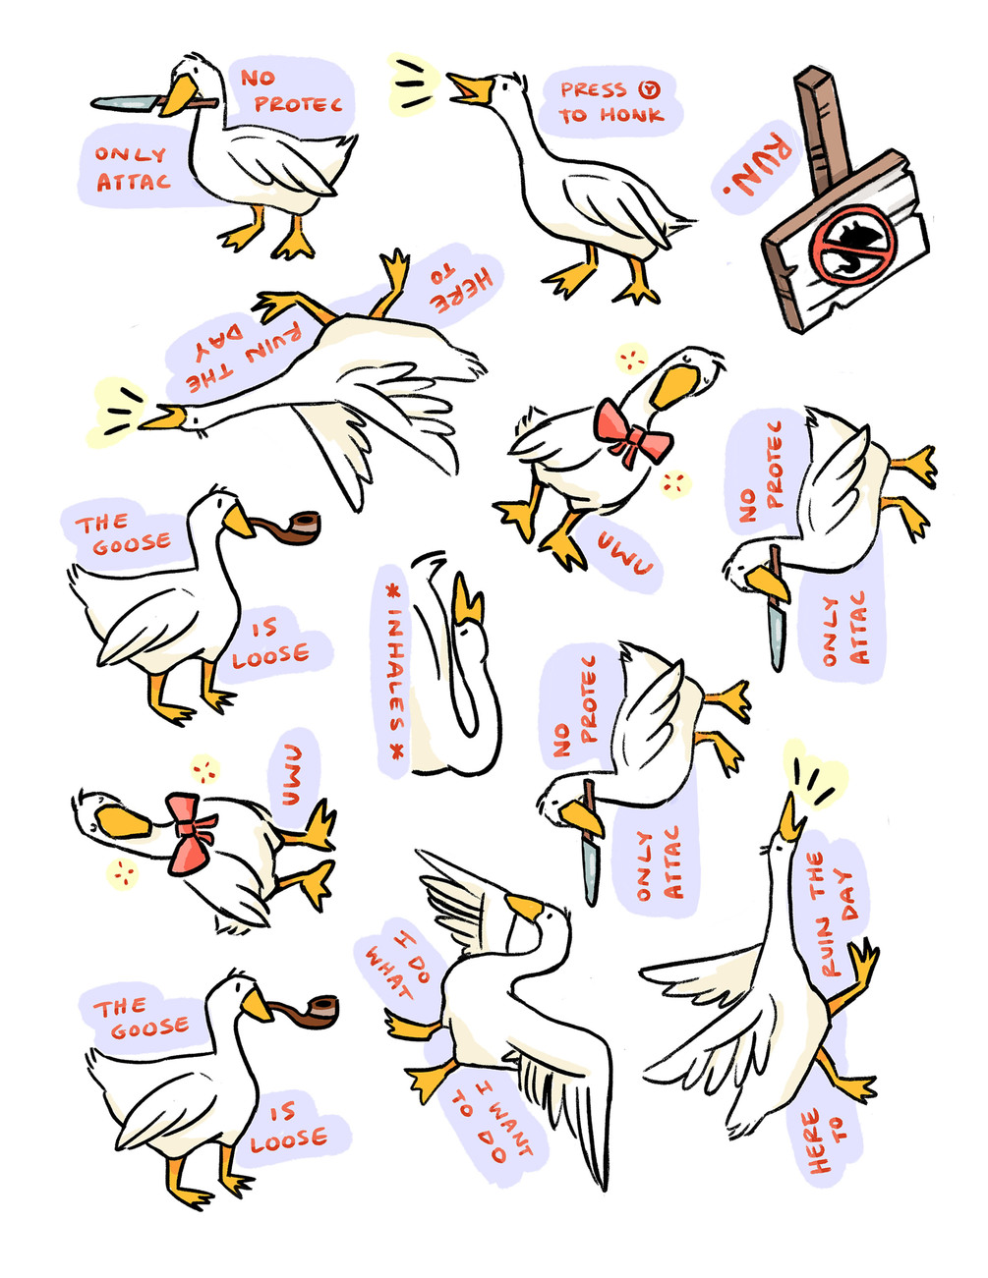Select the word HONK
[x=632, y=115]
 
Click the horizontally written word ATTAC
[x=134, y=182]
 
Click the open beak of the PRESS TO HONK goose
[x=470, y=89]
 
